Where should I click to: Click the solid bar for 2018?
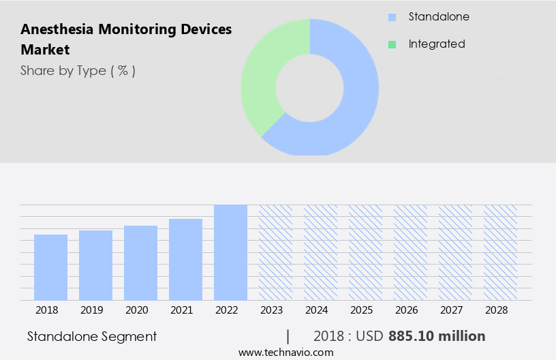pos(50,267)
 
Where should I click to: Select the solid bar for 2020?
pos(140,263)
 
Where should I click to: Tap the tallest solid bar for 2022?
pos(230,252)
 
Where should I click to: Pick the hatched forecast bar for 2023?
pos(275,252)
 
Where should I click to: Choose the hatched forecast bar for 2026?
pos(410,252)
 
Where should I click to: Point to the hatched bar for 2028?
pos(500,252)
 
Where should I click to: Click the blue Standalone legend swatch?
pos(392,17)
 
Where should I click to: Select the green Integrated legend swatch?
pos(392,44)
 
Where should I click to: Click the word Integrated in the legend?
pos(437,44)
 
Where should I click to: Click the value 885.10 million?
pos(437,336)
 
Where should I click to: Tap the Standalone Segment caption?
pos(92,336)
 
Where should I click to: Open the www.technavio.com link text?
pos(286,352)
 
